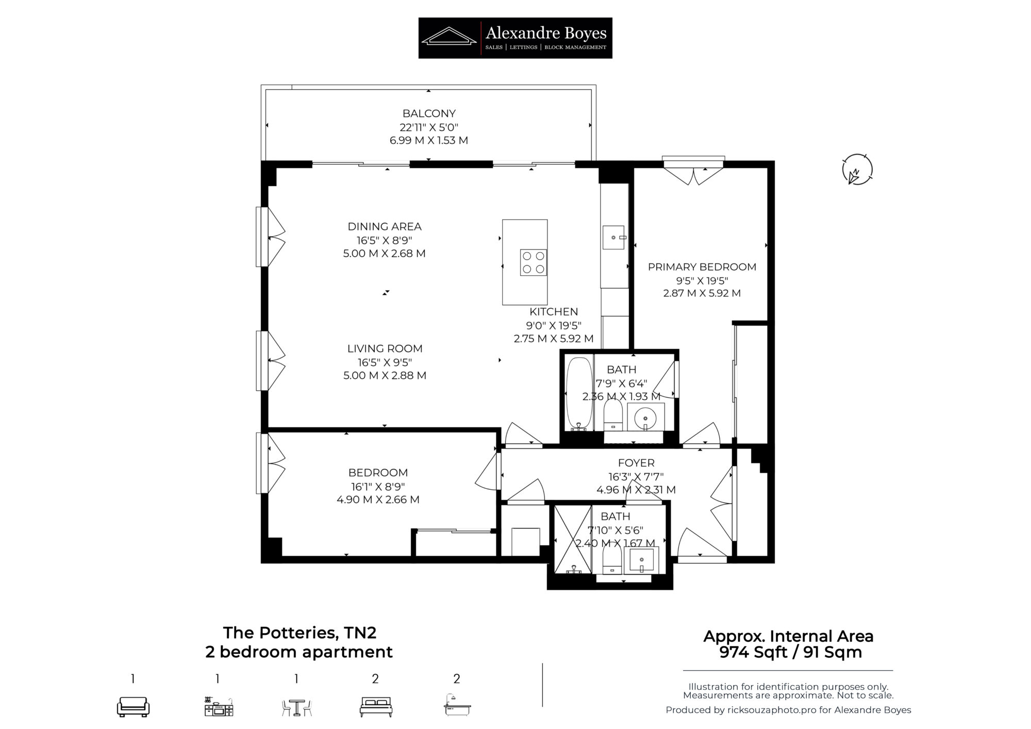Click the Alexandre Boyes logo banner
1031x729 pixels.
pos(515,38)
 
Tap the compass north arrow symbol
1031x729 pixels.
pos(857,170)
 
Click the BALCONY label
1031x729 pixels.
pos(429,113)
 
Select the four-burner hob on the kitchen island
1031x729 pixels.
pos(533,262)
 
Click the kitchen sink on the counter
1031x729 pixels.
pos(614,238)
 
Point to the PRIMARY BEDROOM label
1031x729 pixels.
pos(702,267)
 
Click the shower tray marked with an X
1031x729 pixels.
pos(573,539)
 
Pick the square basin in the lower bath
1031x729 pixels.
pos(641,559)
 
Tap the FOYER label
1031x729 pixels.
pos(636,463)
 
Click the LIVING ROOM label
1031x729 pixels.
pos(385,349)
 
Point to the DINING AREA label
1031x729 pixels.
pos(385,226)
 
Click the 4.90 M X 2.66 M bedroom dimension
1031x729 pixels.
pos(378,500)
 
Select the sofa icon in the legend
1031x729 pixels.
pos(133,706)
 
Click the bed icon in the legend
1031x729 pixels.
pos(376,707)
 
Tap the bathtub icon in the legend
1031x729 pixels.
pos(457,705)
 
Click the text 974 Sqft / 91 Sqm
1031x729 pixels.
pos(790,652)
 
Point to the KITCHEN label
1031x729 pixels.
pos(554,312)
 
